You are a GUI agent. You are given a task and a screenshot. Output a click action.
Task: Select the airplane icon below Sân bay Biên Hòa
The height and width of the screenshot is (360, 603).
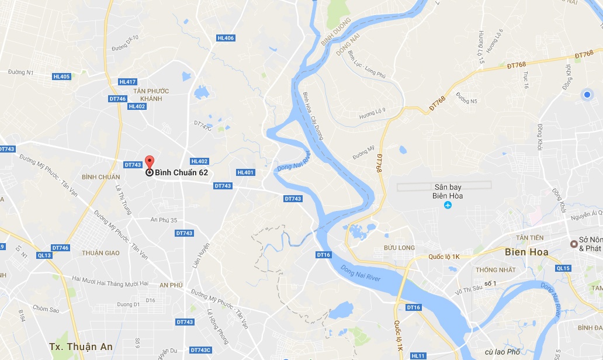(448, 205)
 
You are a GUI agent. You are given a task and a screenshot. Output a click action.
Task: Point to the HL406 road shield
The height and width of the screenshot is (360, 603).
(225, 38)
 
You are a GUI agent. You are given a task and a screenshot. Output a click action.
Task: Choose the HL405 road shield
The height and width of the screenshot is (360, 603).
(61, 77)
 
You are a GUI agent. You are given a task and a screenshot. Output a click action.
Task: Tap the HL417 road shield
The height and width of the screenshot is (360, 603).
(127, 82)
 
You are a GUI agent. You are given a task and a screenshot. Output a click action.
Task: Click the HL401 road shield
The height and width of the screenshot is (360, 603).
(245, 172)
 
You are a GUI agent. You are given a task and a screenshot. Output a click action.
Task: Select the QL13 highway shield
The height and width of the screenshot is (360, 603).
(44, 255)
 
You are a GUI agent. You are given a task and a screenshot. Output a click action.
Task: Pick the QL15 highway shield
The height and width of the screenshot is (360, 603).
(563, 268)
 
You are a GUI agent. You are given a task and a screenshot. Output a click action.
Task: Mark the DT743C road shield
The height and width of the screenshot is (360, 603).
(200, 350)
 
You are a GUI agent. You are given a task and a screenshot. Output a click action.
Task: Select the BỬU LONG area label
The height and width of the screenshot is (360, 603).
(400, 248)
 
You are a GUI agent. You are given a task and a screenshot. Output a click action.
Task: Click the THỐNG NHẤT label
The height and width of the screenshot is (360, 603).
(495, 270)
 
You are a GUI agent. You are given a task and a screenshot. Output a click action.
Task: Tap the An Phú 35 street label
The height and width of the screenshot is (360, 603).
(164, 220)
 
